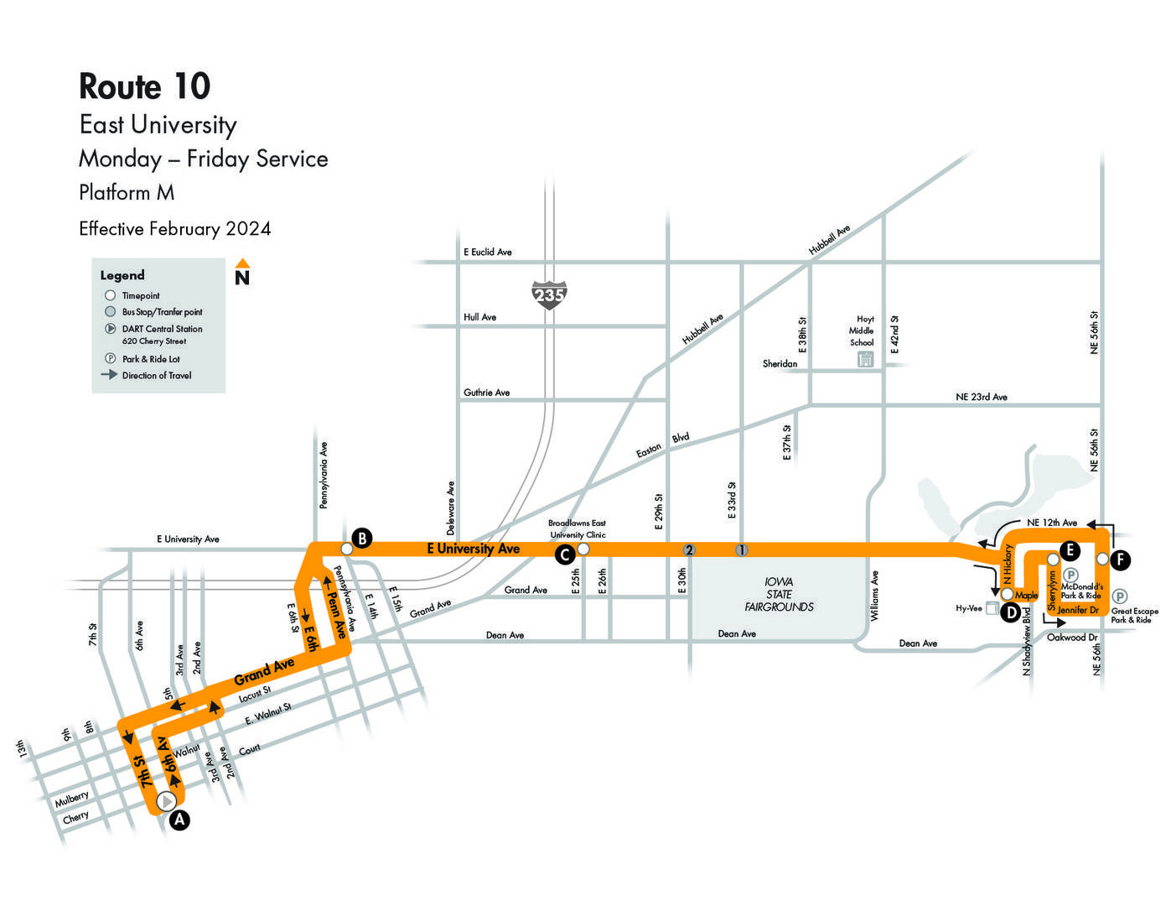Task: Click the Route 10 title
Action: click(144, 86)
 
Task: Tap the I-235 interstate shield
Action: click(549, 294)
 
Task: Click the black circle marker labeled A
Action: click(179, 820)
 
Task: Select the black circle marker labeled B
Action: click(362, 539)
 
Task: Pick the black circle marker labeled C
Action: click(565, 555)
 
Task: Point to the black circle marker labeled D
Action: click(1011, 612)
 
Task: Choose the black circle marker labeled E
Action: click(1070, 550)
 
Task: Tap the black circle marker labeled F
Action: click(1121, 560)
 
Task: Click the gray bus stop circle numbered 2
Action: click(689, 550)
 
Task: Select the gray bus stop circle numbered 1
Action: click(742, 550)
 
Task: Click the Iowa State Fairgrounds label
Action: click(780, 594)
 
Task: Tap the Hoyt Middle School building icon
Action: click(865, 359)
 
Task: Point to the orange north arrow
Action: click(242, 263)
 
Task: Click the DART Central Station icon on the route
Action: click(167, 801)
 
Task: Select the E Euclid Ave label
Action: click(488, 252)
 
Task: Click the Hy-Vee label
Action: click(969, 608)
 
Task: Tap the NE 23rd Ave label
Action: click(982, 397)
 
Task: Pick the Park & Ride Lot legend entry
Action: click(142, 359)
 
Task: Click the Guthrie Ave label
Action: click(487, 393)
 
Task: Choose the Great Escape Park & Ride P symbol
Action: click(1119, 596)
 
